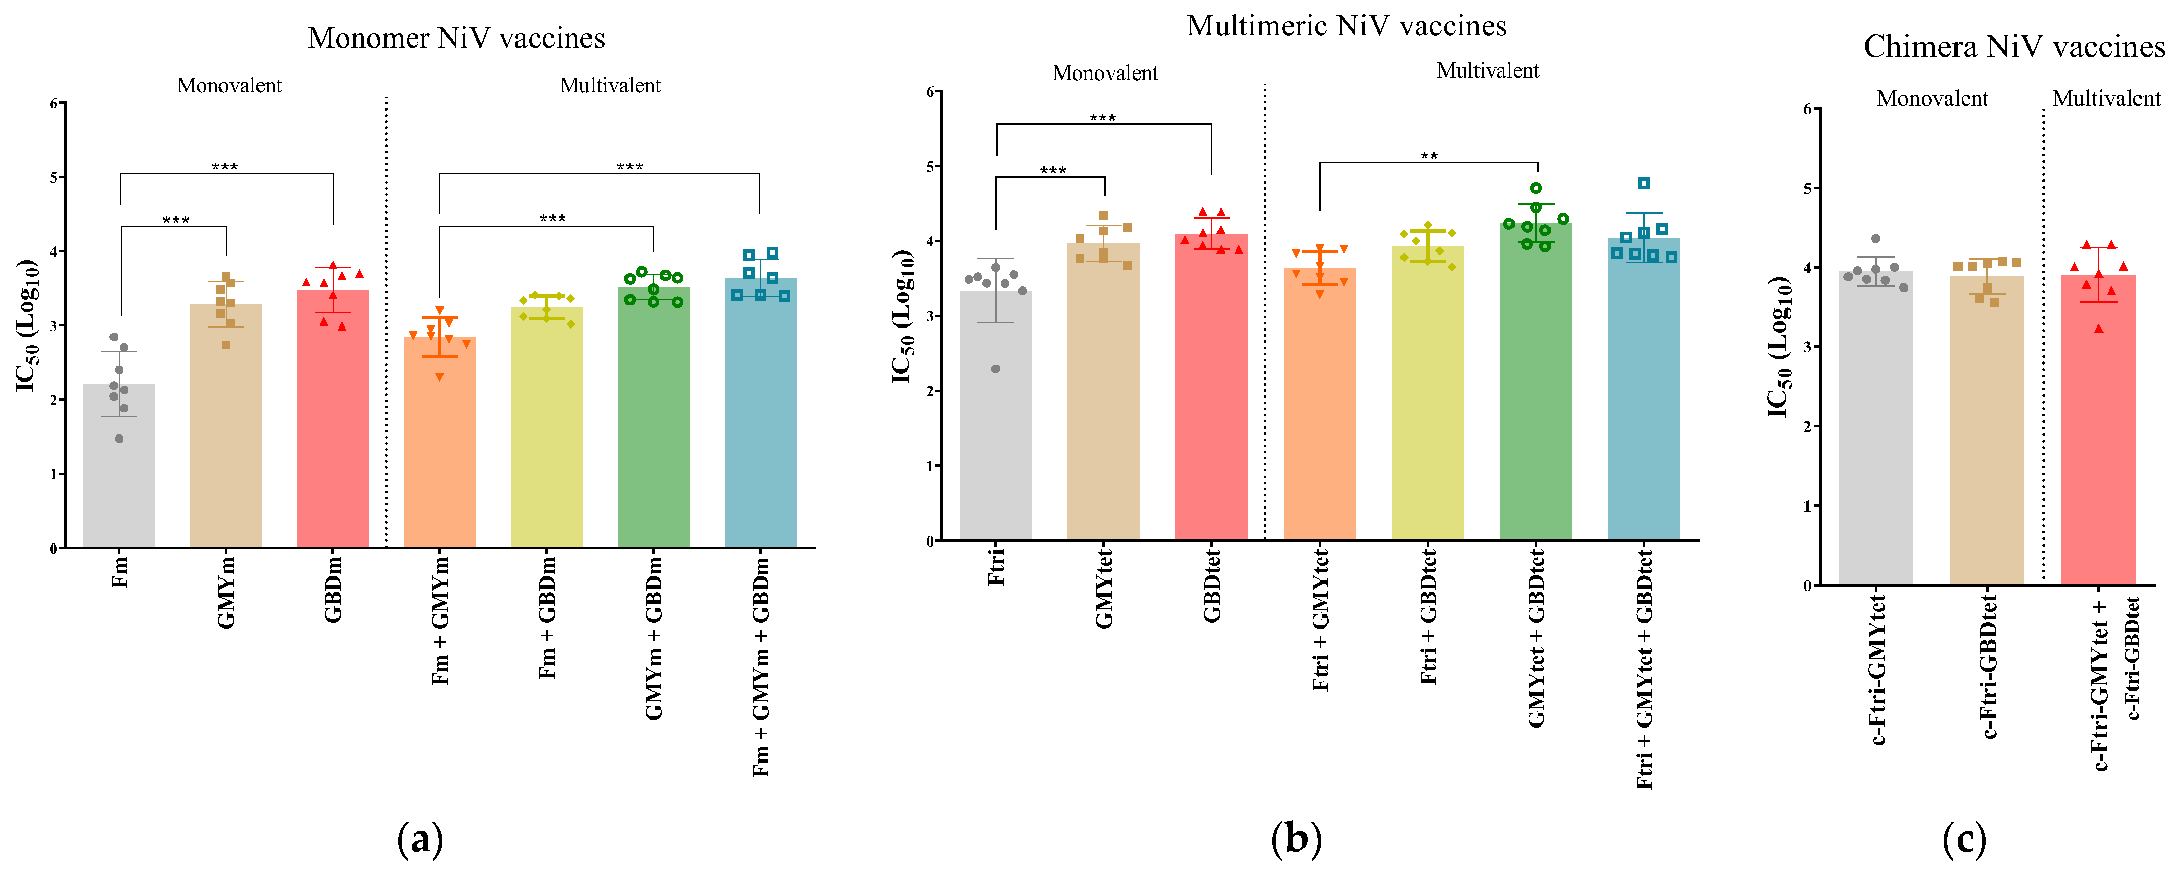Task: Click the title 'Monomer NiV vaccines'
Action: click(x=456, y=38)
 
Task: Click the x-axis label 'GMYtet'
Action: click(x=1104, y=588)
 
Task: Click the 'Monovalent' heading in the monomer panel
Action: click(x=229, y=85)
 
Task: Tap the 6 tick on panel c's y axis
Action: click(x=1807, y=109)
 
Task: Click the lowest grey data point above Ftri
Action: click(x=995, y=369)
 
